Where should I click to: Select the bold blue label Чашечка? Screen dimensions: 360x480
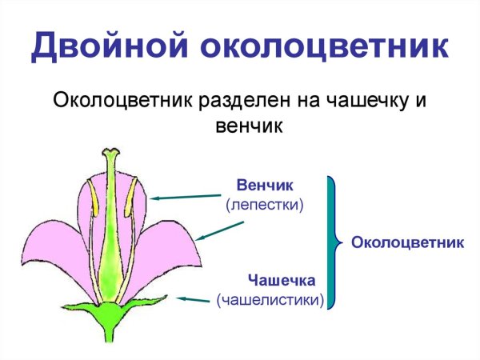[x=282, y=280]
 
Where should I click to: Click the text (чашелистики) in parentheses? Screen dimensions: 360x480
[x=270, y=300]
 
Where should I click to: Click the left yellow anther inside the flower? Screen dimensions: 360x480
[x=91, y=201]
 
